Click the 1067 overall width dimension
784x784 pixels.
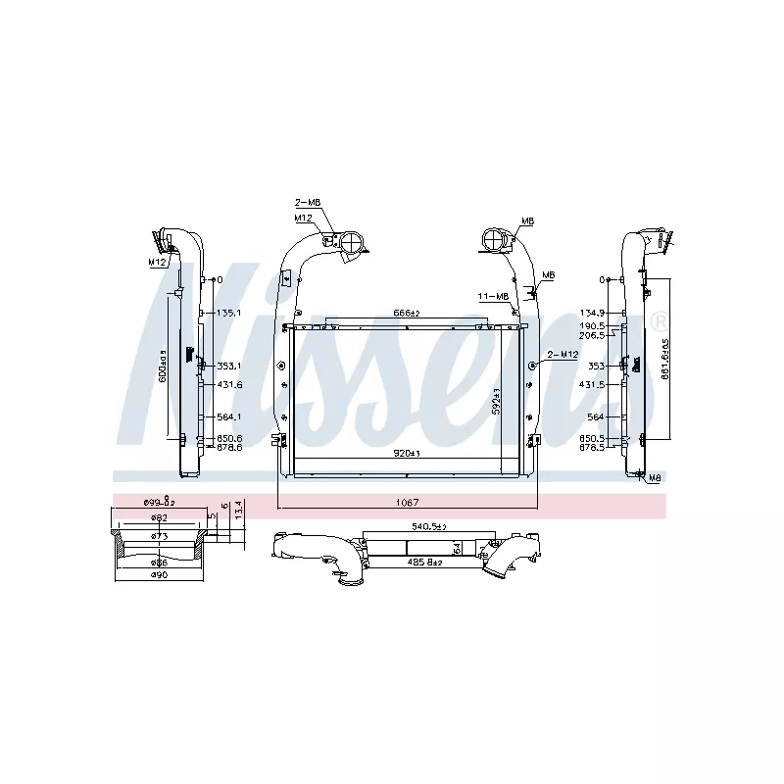[407, 503]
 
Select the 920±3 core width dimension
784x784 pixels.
[406, 453]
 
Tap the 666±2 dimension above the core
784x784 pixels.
[406, 313]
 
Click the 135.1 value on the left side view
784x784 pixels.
[228, 314]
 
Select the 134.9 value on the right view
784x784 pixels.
[594, 314]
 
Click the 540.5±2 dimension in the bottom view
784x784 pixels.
[427, 527]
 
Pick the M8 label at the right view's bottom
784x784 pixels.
[654, 478]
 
